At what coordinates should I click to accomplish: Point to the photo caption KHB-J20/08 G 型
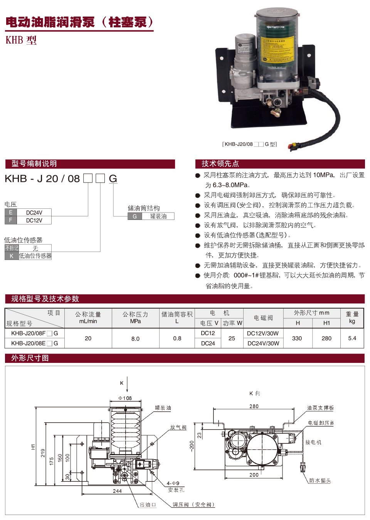pyautogui.click(x=250, y=144)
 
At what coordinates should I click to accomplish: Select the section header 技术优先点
pyautogui.click(x=220, y=164)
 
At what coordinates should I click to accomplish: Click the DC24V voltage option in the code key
pyautogui.click(x=34, y=213)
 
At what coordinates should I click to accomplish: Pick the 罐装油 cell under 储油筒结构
pyautogui.click(x=158, y=216)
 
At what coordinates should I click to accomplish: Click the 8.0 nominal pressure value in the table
pyautogui.click(x=135, y=339)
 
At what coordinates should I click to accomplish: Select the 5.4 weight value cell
pyautogui.click(x=352, y=338)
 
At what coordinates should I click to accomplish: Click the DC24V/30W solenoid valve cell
pyautogui.click(x=263, y=343)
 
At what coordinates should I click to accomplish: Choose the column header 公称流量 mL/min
pyautogui.click(x=88, y=318)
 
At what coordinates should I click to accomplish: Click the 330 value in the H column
pyautogui.click(x=297, y=338)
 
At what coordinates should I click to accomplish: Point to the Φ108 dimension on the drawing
pyautogui.click(x=125, y=398)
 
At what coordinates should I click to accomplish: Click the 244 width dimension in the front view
pyautogui.click(x=117, y=491)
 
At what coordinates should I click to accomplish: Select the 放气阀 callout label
pyautogui.click(x=178, y=427)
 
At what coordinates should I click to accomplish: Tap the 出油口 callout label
pyautogui.click(x=148, y=505)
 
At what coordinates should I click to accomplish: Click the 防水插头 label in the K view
pyautogui.click(x=320, y=481)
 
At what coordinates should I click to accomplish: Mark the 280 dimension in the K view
pyautogui.click(x=254, y=406)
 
